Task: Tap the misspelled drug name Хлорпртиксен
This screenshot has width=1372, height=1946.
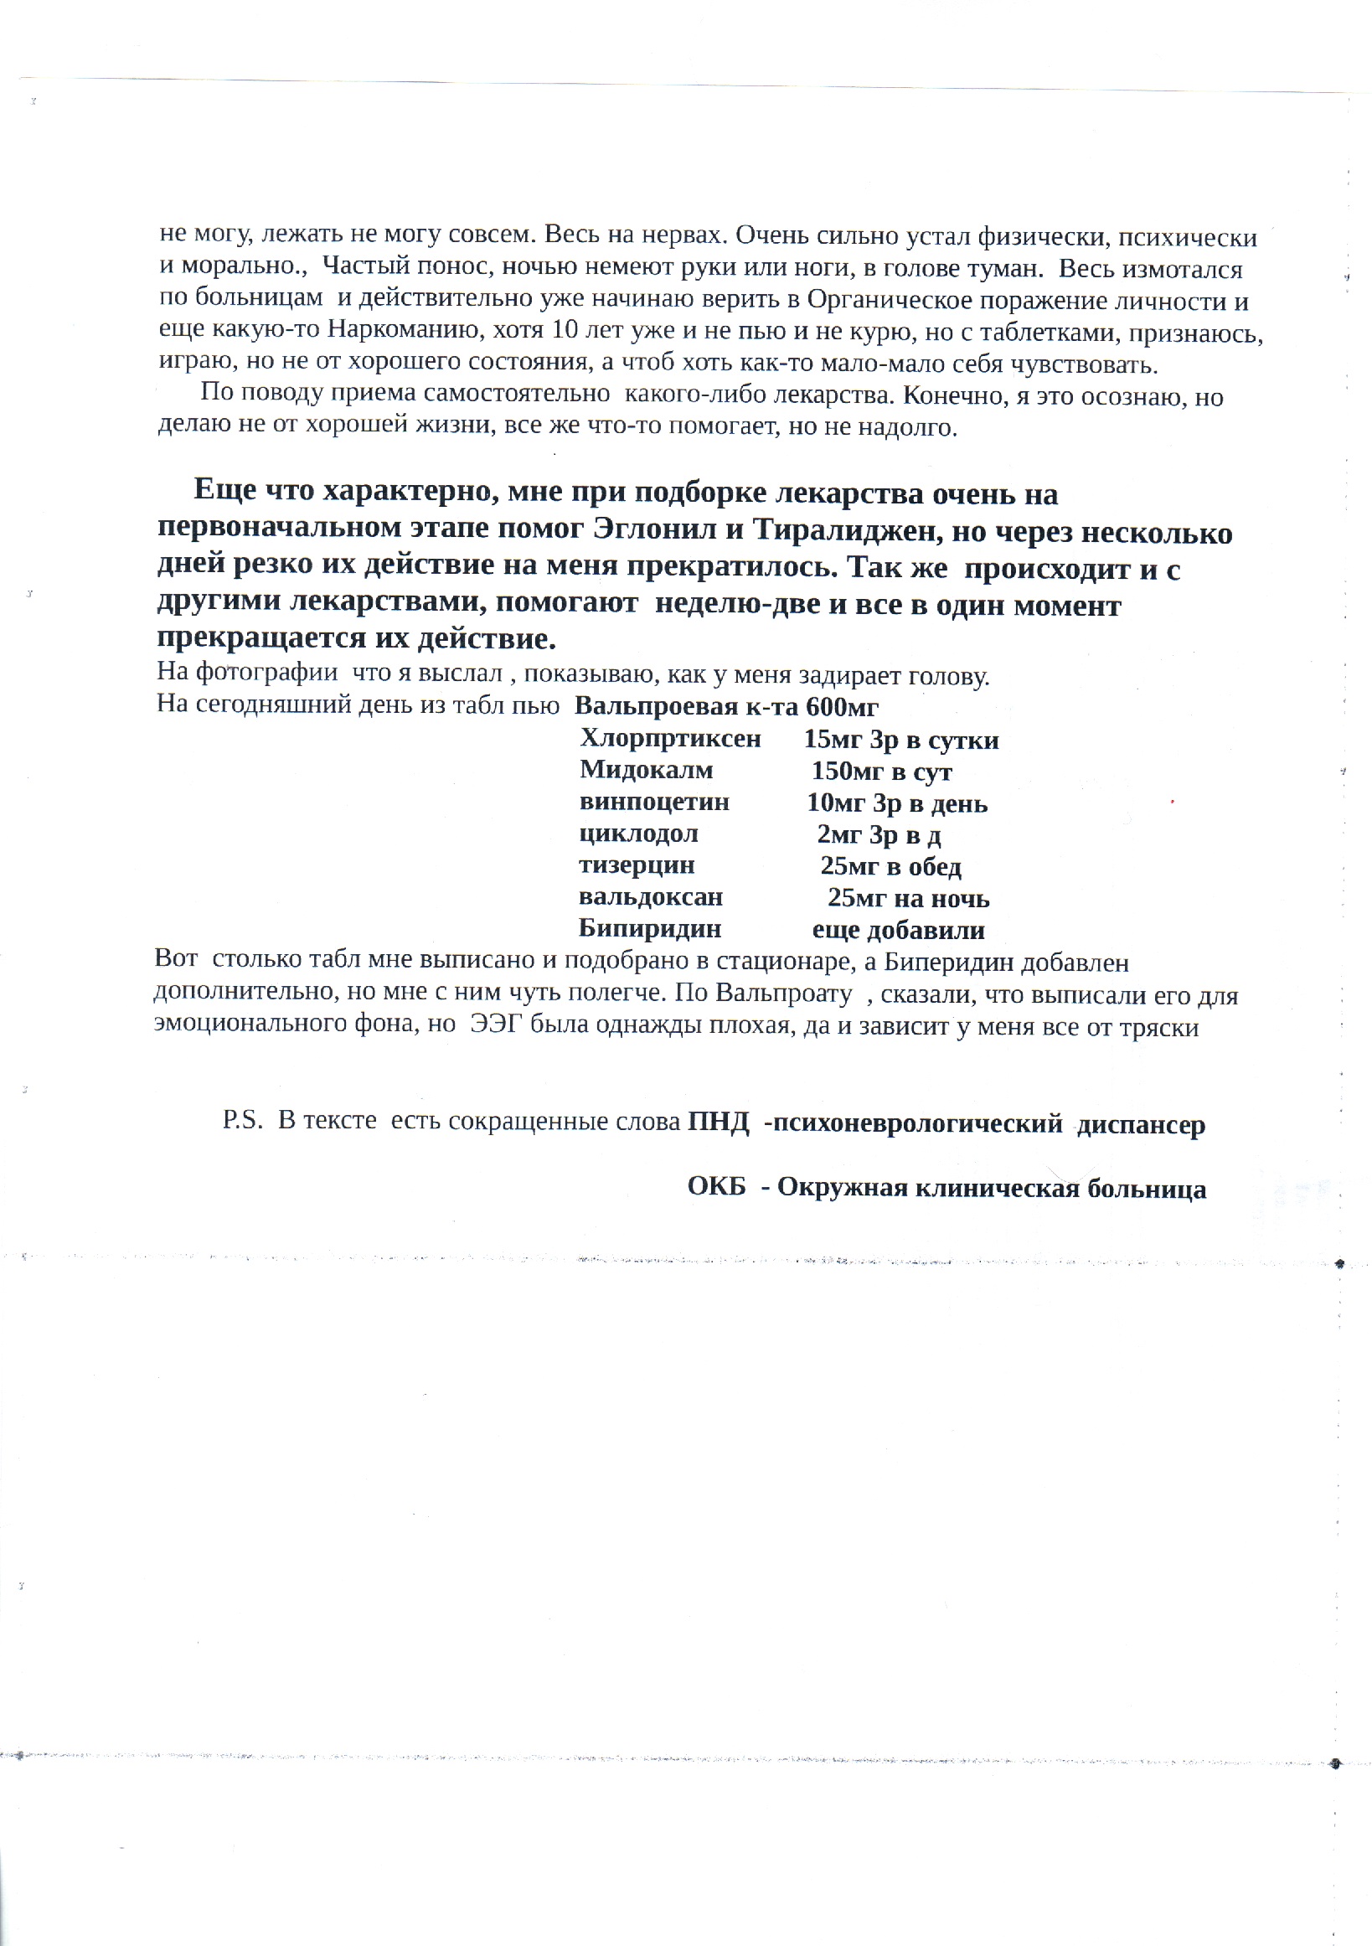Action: tap(670, 738)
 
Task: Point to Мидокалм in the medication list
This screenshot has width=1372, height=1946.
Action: tap(647, 770)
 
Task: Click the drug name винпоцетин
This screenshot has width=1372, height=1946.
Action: tap(654, 802)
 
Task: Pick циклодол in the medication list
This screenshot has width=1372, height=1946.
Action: tap(639, 834)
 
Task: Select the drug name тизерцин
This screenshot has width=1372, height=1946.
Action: tap(637, 865)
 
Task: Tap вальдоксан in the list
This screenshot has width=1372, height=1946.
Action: tap(651, 896)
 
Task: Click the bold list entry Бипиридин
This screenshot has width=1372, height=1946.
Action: tap(650, 929)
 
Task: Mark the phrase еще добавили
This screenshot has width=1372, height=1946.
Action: tap(898, 931)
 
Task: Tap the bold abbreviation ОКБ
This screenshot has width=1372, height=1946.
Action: tap(717, 1186)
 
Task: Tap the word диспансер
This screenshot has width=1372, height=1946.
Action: tap(1141, 1126)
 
